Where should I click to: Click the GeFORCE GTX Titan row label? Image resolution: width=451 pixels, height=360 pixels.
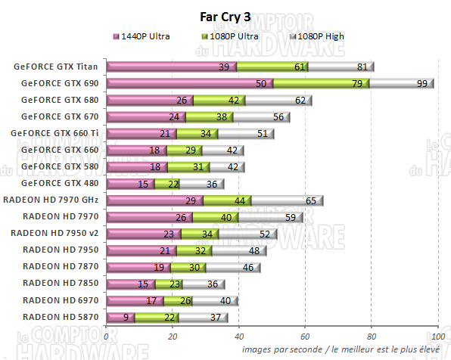[x=57, y=66]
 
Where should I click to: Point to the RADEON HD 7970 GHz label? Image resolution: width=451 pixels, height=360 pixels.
[x=52, y=200]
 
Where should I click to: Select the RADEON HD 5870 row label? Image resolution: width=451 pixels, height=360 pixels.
[x=61, y=316]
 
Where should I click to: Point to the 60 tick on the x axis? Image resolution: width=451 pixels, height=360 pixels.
[x=304, y=337]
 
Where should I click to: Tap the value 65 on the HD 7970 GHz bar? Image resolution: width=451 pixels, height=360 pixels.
[x=310, y=200]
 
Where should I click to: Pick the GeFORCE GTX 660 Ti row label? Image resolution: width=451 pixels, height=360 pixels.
[x=56, y=133]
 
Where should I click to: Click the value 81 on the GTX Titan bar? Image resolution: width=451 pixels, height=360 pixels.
[x=362, y=67]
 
